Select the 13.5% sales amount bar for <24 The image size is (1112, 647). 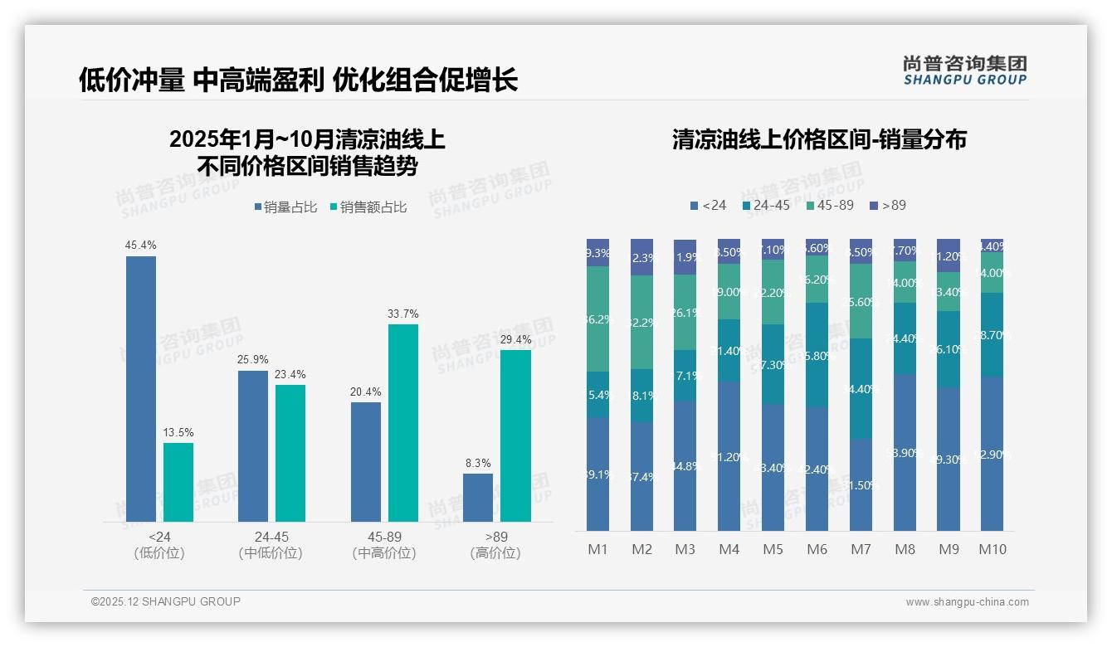tap(178, 482)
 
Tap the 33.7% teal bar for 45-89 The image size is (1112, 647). tap(403, 422)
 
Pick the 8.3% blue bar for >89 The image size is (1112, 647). tap(478, 498)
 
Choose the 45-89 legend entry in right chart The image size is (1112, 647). tap(829, 205)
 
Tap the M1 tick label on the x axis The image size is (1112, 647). tap(597, 549)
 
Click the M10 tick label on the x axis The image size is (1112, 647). tap(992, 549)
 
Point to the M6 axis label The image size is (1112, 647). tap(817, 549)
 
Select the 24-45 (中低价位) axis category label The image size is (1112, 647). tap(270, 545)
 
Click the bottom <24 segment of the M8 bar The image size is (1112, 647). tap(905, 452)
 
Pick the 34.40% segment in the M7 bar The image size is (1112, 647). tap(861, 388)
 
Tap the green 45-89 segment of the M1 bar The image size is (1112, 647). tap(597, 319)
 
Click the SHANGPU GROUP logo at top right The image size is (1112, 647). tap(964, 70)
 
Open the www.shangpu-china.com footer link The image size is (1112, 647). tap(967, 602)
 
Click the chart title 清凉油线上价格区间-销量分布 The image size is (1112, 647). tap(819, 140)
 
